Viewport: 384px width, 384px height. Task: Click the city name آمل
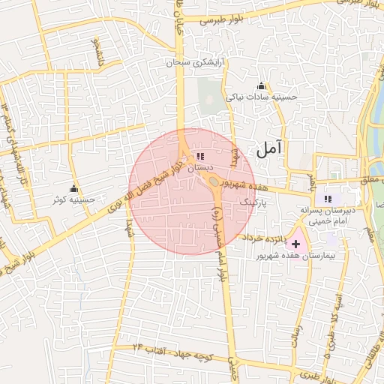(x=271, y=148)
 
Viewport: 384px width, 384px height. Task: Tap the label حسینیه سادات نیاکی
(x=262, y=97)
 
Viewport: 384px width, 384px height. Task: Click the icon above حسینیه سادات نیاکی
(x=261, y=85)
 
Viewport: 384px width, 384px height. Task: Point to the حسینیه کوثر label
(x=73, y=200)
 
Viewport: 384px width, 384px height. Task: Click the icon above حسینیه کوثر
(x=73, y=188)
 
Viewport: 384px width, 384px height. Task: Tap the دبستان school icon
(x=199, y=156)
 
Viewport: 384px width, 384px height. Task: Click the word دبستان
(x=200, y=168)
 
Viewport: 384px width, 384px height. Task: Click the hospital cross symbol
(x=296, y=244)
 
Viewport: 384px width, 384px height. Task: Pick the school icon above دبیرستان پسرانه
(x=327, y=199)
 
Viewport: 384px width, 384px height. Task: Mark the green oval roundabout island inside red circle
(x=214, y=181)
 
